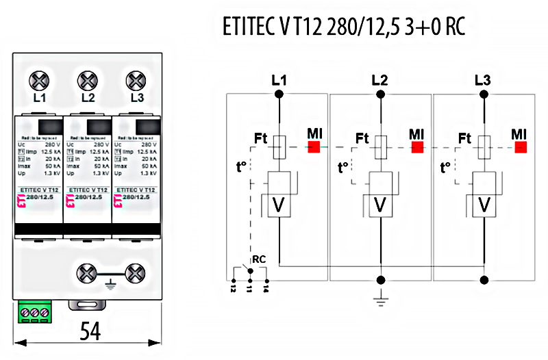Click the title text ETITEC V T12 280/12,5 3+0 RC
click(345, 27)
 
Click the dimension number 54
click(90, 331)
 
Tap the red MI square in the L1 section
click(314, 146)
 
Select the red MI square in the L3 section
click(521, 146)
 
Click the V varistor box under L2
click(382, 205)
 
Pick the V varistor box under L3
click(484, 205)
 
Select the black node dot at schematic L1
click(278, 96)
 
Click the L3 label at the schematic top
click(483, 80)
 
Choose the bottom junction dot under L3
click(484, 279)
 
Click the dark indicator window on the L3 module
click(143, 127)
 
